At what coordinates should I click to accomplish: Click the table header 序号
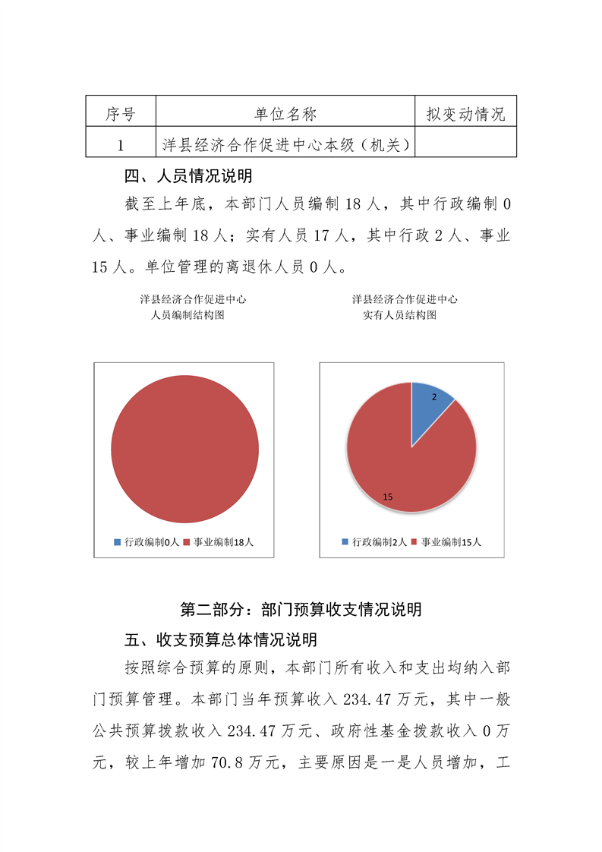pyautogui.click(x=120, y=114)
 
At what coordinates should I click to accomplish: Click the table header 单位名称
pyautogui.click(x=285, y=114)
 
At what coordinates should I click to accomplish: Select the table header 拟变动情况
pyautogui.click(x=465, y=114)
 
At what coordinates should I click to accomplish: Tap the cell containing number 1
pyautogui.click(x=120, y=144)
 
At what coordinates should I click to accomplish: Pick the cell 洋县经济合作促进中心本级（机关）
pyautogui.click(x=285, y=144)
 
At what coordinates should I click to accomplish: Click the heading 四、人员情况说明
pyautogui.click(x=188, y=177)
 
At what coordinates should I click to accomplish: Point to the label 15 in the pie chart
pyautogui.click(x=387, y=496)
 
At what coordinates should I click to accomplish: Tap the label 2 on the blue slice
pyautogui.click(x=433, y=397)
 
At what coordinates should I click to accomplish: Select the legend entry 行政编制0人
pyautogui.click(x=147, y=542)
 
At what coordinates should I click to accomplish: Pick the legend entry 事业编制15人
pyautogui.click(x=446, y=542)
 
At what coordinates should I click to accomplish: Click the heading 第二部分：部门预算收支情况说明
pyautogui.click(x=301, y=609)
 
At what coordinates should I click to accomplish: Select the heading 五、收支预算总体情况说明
pyautogui.click(x=220, y=639)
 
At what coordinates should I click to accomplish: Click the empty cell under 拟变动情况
pyautogui.click(x=465, y=144)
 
